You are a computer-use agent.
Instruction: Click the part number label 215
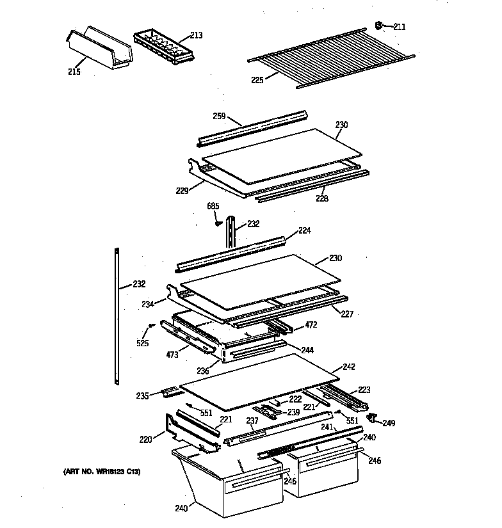tap(74, 72)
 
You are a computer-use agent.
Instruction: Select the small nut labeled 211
tap(378, 26)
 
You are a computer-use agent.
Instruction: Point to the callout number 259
tap(220, 116)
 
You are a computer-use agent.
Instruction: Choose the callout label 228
tap(321, 199)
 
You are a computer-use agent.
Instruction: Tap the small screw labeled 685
tap(219, 223)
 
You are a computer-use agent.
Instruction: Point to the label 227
tap(346, 314)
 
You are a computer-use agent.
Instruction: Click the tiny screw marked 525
tap(150, 326)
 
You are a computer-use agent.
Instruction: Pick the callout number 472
tap(311, 325)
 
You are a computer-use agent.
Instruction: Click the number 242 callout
tap(348, 367)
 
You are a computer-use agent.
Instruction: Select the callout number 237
tap(252, 420)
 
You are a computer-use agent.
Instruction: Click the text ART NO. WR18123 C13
tap(102, 472)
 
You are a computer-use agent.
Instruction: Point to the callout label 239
tap(293, 412)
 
